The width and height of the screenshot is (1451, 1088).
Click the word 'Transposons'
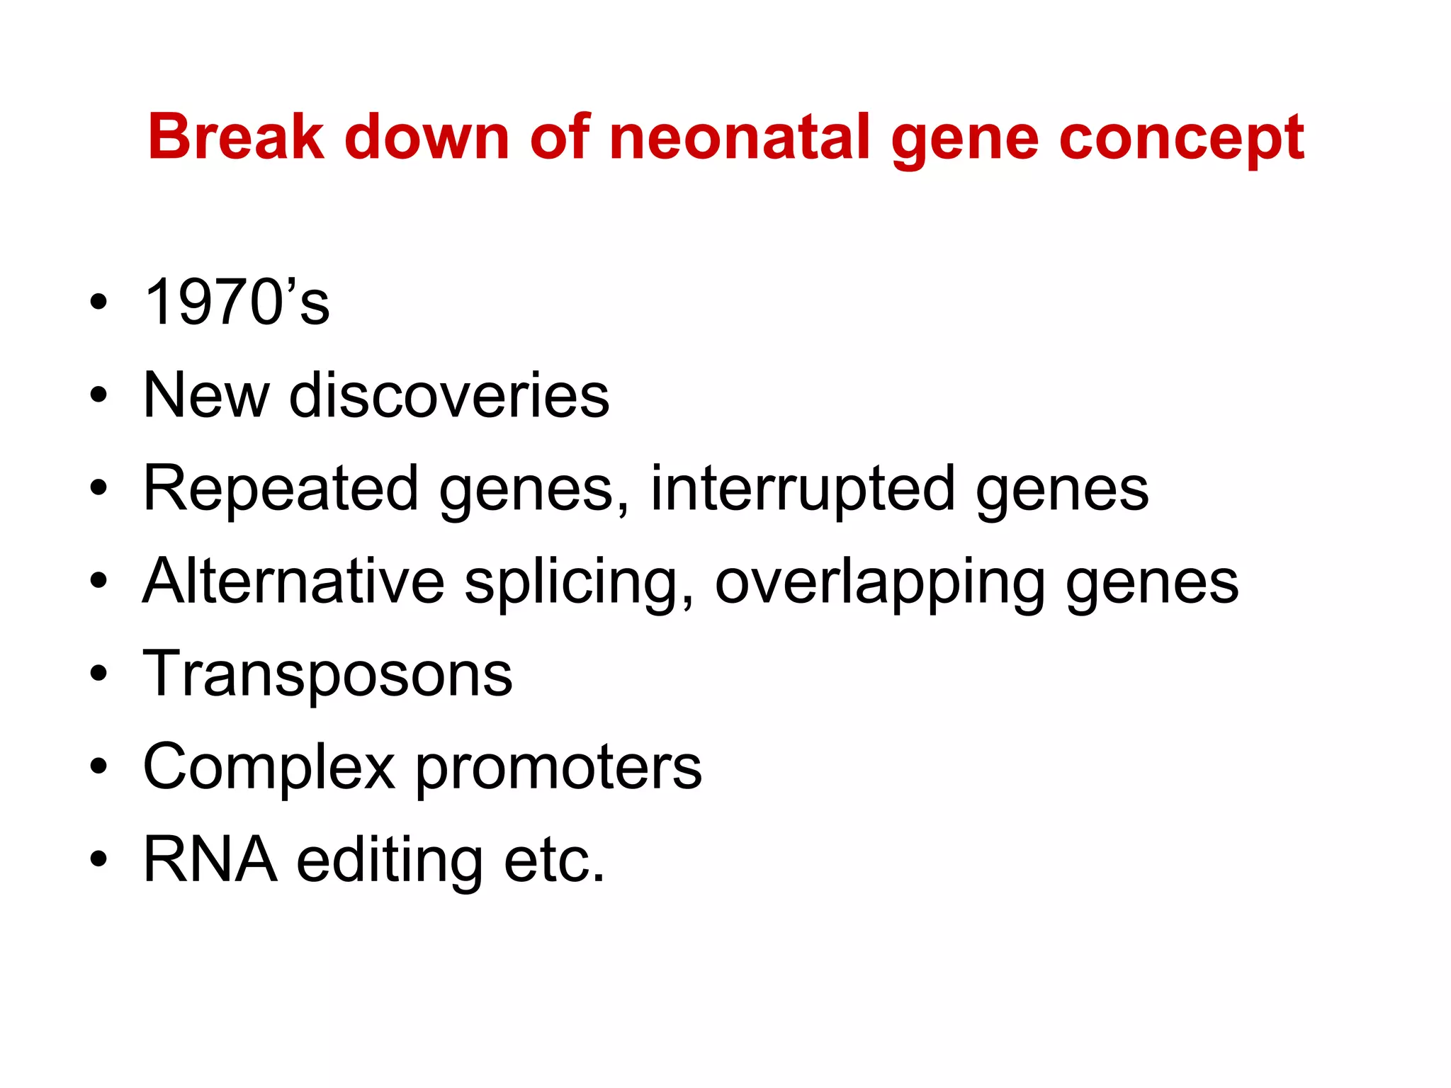pyautogui.click(x=328, y=675)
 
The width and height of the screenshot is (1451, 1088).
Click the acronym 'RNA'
pyautogui.click(x=210, y=860)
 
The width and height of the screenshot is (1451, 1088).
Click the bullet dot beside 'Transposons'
pyautogui.click(x=99, y=673)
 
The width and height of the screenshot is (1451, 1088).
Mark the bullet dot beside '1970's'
pyautogui.click(x=99, y=302)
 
